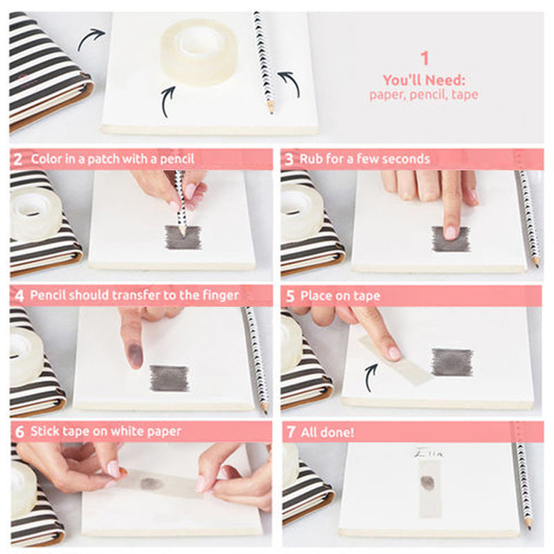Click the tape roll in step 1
[x=198, y=52]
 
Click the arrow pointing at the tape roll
[x=168, y=101]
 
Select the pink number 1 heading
[x=425, y=58]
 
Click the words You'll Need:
[x=424, y=80]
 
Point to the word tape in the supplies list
[x=465, y=95]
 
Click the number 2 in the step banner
[x=18, y=159]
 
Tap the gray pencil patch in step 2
[x=184, y=238]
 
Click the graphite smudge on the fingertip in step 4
[x=135, y=352]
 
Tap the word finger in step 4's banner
[x=220, y=296]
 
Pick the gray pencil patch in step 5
[x=452, y=362]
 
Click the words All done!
[x=327, y=432]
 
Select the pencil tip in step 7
[x=529, y=525]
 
